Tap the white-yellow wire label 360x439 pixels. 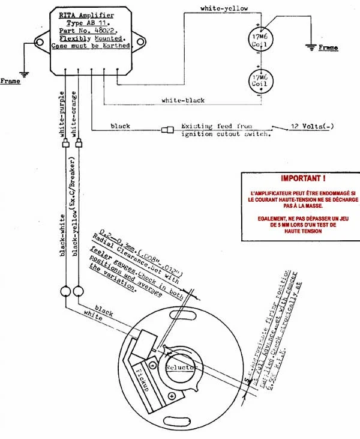(x=224, y=9)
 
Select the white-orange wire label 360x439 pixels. (x=74, y=114)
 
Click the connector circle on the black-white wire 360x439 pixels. (x=65, y=292)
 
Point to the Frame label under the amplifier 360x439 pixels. (x=11, y=80)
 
